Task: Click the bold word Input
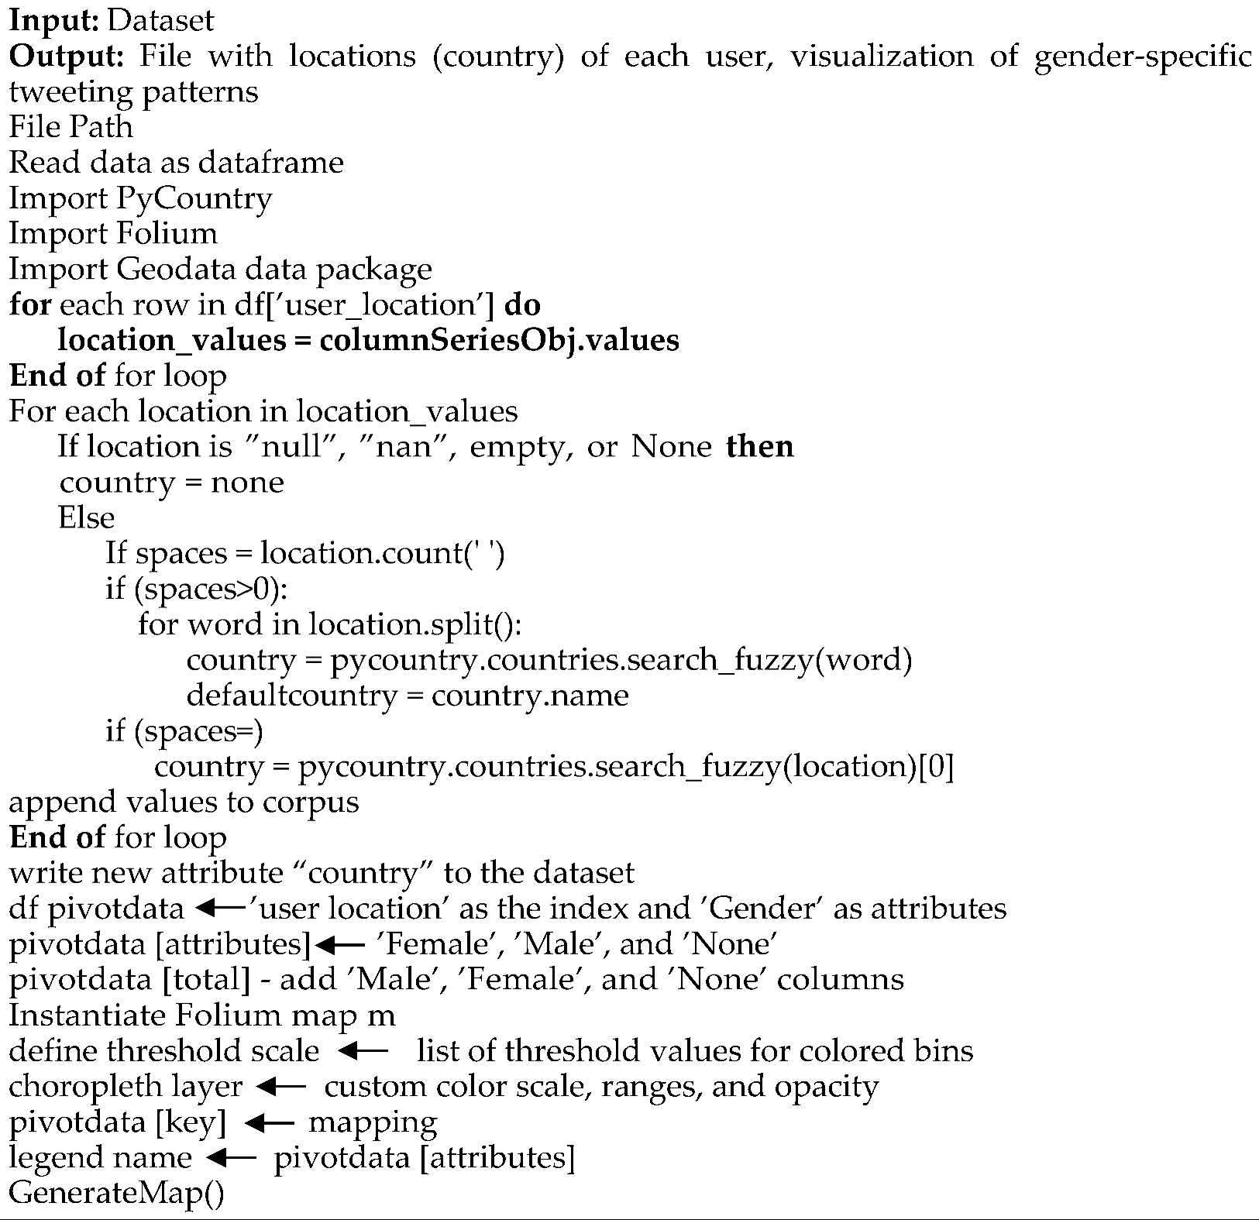point(53,21)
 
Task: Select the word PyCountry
point(194,199)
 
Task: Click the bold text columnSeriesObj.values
point(499,341)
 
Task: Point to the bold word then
point(759,447)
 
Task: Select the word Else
point(86,517)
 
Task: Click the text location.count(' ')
point(383,553)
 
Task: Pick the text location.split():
point(415,624)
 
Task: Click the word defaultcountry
point(292,696)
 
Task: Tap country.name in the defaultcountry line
point(530,696)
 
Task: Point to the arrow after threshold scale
point(363,1051)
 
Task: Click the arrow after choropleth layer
point(280,1087)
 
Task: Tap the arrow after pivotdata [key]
point(269,1122)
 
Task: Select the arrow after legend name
point(232,1158)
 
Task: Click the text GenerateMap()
point(116,1193)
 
